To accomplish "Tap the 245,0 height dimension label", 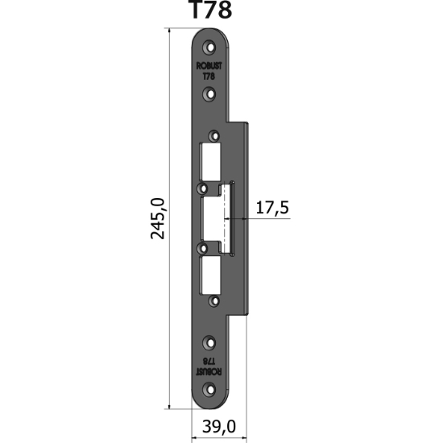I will coord(157,218).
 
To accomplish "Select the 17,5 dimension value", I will coord(271,209).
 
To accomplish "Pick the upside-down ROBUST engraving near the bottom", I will coord(209,370).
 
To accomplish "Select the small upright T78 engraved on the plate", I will coord(209,77).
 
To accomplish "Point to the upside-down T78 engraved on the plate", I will coord(209,360).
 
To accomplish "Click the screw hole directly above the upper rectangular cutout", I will coord(214,135).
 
